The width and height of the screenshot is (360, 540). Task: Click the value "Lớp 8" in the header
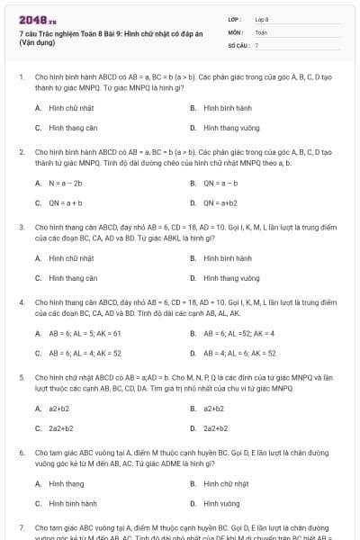coord(262,19)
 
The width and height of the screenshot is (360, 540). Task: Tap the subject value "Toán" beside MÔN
coord(261,31)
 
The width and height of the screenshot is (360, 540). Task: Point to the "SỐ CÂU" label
coord(237,44)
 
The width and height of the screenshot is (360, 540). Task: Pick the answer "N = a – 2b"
coord(65,183)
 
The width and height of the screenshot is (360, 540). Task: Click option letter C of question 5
coord(39,428)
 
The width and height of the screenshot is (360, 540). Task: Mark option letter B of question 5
coord(193,408)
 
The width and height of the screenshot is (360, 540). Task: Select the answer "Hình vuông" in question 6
coord(221,503)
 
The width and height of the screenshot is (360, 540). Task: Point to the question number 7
coord(22,527)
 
